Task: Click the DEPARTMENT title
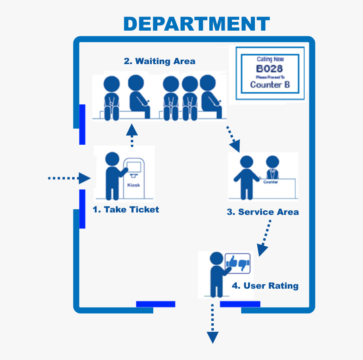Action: pos(196,24)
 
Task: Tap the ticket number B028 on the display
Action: pos(269,69)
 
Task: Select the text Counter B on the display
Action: pos(270,85)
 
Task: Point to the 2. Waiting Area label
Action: pos(159,61)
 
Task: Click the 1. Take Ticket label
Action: pos(126,210)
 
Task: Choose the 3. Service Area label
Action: pos(263,212)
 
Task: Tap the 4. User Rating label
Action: pos(265,286)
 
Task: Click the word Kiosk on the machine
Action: pos(134,185)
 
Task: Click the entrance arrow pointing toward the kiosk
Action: pos(69,178)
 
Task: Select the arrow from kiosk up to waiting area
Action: pos(132,135)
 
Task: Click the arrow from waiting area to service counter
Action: pos(233,139)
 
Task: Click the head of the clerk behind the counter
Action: pos(273,162)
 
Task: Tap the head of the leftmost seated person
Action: pos(111,85)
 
